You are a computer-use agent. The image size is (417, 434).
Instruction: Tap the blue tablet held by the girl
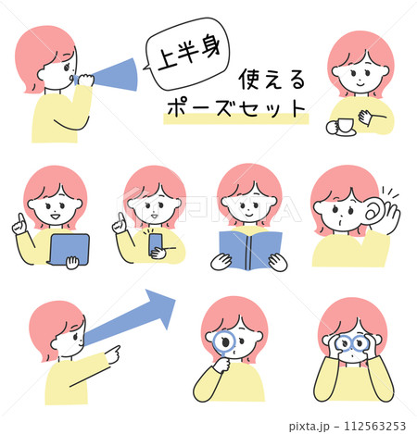coord(69,247)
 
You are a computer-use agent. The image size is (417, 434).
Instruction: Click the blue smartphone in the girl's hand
coord(156,242)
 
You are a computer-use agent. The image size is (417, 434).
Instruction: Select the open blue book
coord(249,249)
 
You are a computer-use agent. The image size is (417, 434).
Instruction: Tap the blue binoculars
coord(353,345)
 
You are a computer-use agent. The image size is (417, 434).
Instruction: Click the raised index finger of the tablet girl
coord(19,220)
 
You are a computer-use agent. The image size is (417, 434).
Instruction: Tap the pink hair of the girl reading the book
coord(248,179)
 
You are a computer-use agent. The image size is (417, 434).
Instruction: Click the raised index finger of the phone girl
coord(118,219)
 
